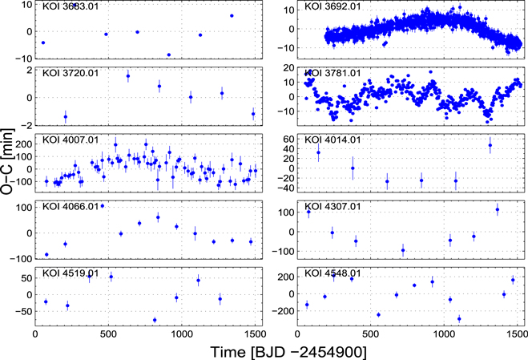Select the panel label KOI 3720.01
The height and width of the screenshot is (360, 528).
pos(67,73)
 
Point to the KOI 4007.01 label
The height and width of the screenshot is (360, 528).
pos(67,140)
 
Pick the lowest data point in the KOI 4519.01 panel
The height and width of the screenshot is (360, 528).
pos(154,320)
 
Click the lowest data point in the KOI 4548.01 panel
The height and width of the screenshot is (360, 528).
pos(459,318)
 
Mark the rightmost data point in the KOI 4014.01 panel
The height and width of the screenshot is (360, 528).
pos(490,145)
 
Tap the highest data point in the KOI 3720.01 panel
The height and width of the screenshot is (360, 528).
pos(128,76)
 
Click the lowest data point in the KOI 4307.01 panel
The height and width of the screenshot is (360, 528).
pos(403,250)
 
